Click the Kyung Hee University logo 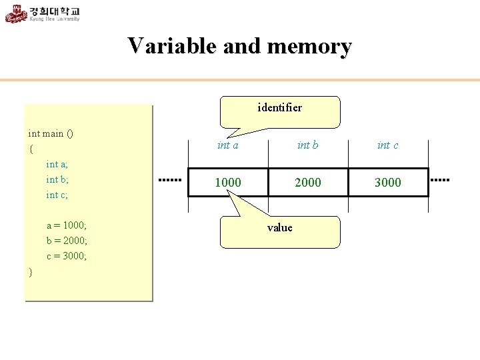coord(43,13)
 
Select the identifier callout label coord(279,107)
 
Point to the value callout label coord(279,228)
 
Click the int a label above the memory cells coord(228,145)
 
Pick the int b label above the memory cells coord(307,145)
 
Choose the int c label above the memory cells coord(387,145)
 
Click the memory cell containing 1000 coord(228,182)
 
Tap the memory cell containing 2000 coord(307,182)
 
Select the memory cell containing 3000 coord(387,182)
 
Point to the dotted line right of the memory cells coord(441,180)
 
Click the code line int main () coord(51,133)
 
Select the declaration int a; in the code coord(57,164)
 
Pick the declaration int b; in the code coord(57,179)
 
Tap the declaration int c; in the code coord(57,195)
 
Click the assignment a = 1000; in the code coord(67,225)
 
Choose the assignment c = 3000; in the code coord(67,256)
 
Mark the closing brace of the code coord(31,272)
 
